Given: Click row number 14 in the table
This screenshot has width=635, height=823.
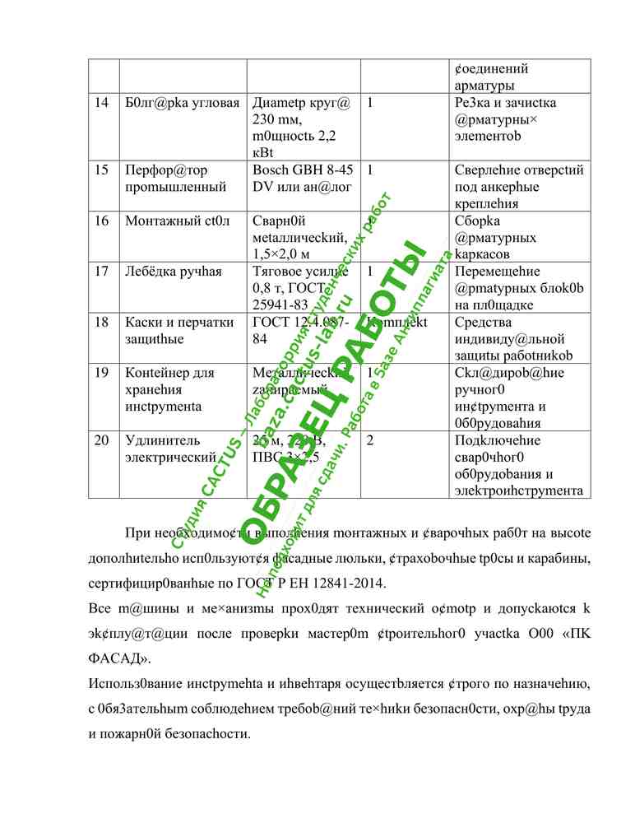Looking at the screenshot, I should pyautogui.click(x=101, y=104).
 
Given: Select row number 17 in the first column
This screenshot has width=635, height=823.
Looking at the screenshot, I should pyautogui.click(x=101, y=271).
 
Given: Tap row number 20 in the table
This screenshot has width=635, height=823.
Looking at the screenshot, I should pyautogui.click(x=101, y=441).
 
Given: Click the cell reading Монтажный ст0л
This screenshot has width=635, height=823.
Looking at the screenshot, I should pyautogui.click(x=178, y=221).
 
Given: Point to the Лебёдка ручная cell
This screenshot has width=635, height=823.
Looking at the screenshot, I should pyautogui.click(x=173, y=271).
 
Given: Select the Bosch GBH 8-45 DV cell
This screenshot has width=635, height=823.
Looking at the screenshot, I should pyautogui.click(x=303, y=179).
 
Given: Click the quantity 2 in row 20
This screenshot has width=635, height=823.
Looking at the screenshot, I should pyautogui.click(x=371, y=441).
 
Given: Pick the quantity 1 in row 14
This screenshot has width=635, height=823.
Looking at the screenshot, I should pyautogui.click(x=371, y=104).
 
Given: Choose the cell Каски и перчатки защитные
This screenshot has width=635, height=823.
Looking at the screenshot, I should pyautogui.click(x=178, y=330).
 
